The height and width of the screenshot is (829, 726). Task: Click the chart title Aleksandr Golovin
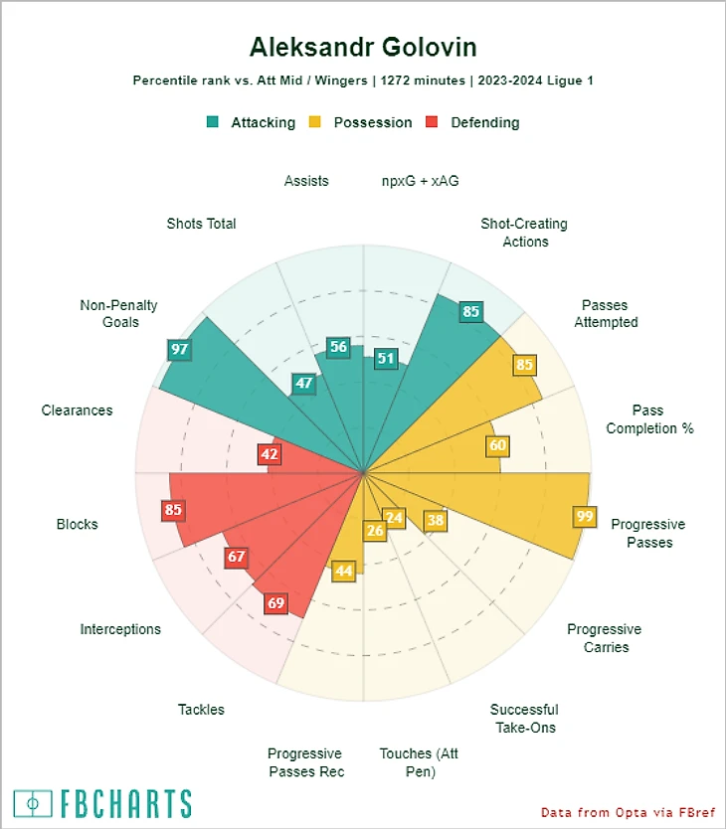pyautogui.click(x=363, y=47)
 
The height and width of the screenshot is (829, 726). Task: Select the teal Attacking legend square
pyautogui.click(x=213, y=122)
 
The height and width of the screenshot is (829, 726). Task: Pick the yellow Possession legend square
pyautogui.click(x=315, y=122)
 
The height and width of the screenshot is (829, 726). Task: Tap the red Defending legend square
pyautogui.click(x=433, y=122)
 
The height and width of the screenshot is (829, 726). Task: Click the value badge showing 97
pyautogui.click(x=180, y=349)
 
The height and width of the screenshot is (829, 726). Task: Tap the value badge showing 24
pyautogui.click(x=394, y=518)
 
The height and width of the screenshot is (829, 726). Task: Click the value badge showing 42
pyautogui.click(x=269, y=454)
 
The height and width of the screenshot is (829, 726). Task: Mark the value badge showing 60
pyautogui.click(x=498, y=445)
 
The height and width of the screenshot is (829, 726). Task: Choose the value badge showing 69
pyautogui.click(x=276, y=602)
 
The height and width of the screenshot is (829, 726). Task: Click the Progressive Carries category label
pyautogui.click(x=604, y=638)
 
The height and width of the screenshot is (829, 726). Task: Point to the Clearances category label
pyautogui.click(x=77, y=411)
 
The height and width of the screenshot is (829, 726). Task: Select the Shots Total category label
pyautogui.click(x=201, y=224)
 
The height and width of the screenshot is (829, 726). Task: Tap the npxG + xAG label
pyautogui.click(x=420, y=181)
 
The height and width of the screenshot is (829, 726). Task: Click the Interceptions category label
pyautogui.click(x=120, y=629)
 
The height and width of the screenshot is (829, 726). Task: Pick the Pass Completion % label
pyautogui.click(x=649, y=419)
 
